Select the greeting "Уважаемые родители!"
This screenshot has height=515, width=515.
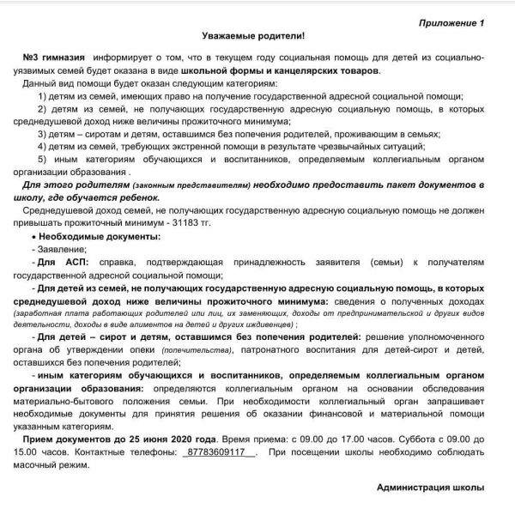click(253, 37)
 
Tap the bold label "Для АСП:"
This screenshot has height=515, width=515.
click(59, 263)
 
